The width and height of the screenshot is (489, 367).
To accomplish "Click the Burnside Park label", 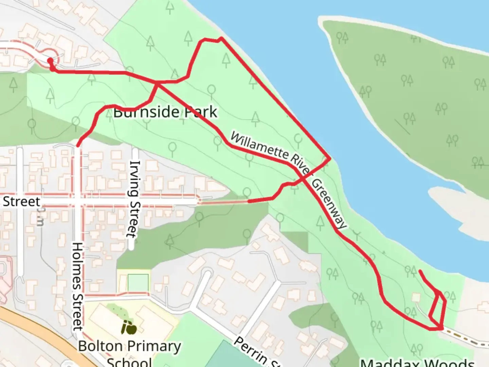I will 165,112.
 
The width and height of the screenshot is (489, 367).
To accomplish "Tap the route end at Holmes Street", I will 78,145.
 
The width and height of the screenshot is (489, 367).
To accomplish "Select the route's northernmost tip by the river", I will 221,38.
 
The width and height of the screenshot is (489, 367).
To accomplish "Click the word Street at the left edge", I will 21,202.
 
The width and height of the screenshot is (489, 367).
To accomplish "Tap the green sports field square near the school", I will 138,283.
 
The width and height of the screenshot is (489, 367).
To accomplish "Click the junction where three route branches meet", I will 157,83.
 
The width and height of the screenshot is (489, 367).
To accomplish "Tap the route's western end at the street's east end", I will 249,202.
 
